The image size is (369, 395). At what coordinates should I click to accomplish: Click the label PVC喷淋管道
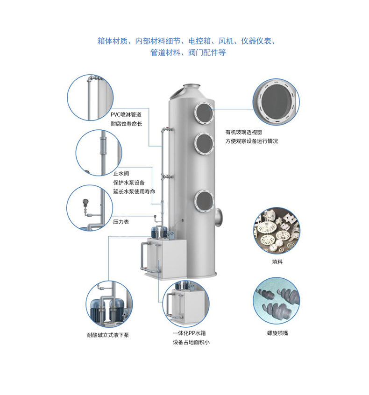(x=126, y=114)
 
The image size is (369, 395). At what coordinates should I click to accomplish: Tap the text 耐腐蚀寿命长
(x=126, y=124)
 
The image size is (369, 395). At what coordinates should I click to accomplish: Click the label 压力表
(x=121, y=221)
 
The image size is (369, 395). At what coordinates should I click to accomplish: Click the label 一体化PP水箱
(x=189, y=333)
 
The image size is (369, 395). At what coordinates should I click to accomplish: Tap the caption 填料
(x=277, y=262)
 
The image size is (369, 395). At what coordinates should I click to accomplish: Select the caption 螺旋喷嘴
(x=277, y=333)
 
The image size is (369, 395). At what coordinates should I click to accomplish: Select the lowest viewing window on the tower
(x=204, y=201)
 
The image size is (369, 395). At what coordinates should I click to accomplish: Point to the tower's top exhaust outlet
(x=191, y=86)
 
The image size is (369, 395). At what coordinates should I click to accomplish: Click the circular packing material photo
(x=277, y=230)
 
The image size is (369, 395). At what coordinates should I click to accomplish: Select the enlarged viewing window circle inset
(x=277, y=102)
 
